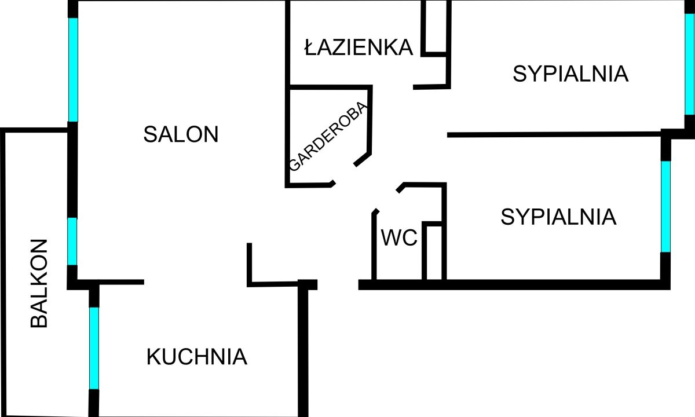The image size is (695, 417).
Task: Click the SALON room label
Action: tap(181, 134)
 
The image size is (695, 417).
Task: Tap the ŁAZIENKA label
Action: tap(359, 47)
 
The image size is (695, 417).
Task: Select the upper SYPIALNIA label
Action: tap(570, 74)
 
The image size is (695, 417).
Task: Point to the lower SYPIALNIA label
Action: tap(558, 217)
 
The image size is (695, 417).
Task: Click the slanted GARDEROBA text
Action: tap(328, 137)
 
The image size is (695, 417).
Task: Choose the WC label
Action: tap(399, 237)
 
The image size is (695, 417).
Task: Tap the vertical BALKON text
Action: tap(39, 283)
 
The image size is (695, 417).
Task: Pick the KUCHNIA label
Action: tap(197, 357)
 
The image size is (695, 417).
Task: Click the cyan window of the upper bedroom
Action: tap(689, 64)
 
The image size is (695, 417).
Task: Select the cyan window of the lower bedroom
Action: tap(665, 206)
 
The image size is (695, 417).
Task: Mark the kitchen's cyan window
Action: tap(94, 348)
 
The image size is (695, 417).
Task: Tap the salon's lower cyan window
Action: tap(72, 241)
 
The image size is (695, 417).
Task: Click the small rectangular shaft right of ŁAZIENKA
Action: tap(436, 26)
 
